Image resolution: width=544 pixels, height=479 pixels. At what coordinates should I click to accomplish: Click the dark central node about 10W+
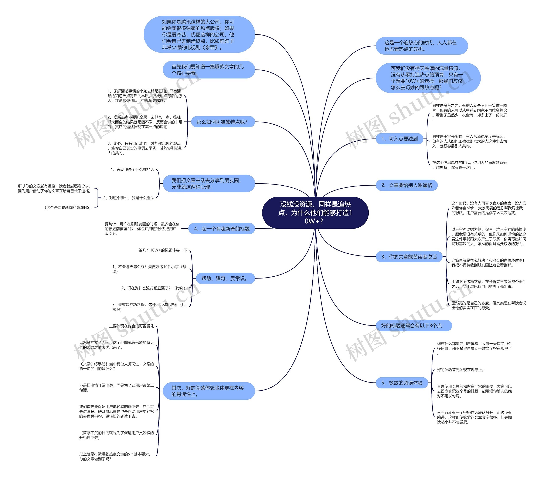(315, 212)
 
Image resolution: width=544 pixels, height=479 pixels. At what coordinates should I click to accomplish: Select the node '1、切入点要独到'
(399, 139)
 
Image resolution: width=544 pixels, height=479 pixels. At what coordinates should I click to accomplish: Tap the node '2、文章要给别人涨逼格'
(406, 185)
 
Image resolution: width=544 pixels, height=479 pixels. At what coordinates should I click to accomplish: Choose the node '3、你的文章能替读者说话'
(409, 257)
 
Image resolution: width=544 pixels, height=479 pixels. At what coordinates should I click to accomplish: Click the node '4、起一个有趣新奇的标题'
(221, 229)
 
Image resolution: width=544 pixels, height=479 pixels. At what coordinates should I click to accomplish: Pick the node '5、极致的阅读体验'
(402, 383)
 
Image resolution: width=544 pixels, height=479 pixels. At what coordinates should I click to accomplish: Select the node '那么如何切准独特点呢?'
(222, 122)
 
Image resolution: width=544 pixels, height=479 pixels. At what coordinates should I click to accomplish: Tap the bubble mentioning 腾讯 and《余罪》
(199, 35)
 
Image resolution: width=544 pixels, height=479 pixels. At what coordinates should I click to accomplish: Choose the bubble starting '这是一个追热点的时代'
(421, 46)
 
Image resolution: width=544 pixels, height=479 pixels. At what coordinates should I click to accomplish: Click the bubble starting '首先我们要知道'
(209, 70)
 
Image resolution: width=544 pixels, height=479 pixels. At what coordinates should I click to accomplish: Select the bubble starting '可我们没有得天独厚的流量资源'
(428, 78)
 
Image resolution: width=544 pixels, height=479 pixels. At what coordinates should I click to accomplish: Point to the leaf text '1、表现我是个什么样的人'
(132, 170)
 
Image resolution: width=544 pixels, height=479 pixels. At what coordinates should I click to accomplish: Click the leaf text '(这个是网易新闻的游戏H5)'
(68, 208)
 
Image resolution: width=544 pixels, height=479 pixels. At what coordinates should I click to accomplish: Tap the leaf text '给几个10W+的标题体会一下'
(163, 250)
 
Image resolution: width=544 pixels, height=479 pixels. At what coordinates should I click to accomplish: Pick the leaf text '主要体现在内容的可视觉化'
(132, 326)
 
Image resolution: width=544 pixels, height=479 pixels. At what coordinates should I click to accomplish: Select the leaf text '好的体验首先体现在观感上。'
(460, 370)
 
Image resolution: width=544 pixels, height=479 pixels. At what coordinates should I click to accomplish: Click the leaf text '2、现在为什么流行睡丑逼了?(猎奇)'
(153, 288)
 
